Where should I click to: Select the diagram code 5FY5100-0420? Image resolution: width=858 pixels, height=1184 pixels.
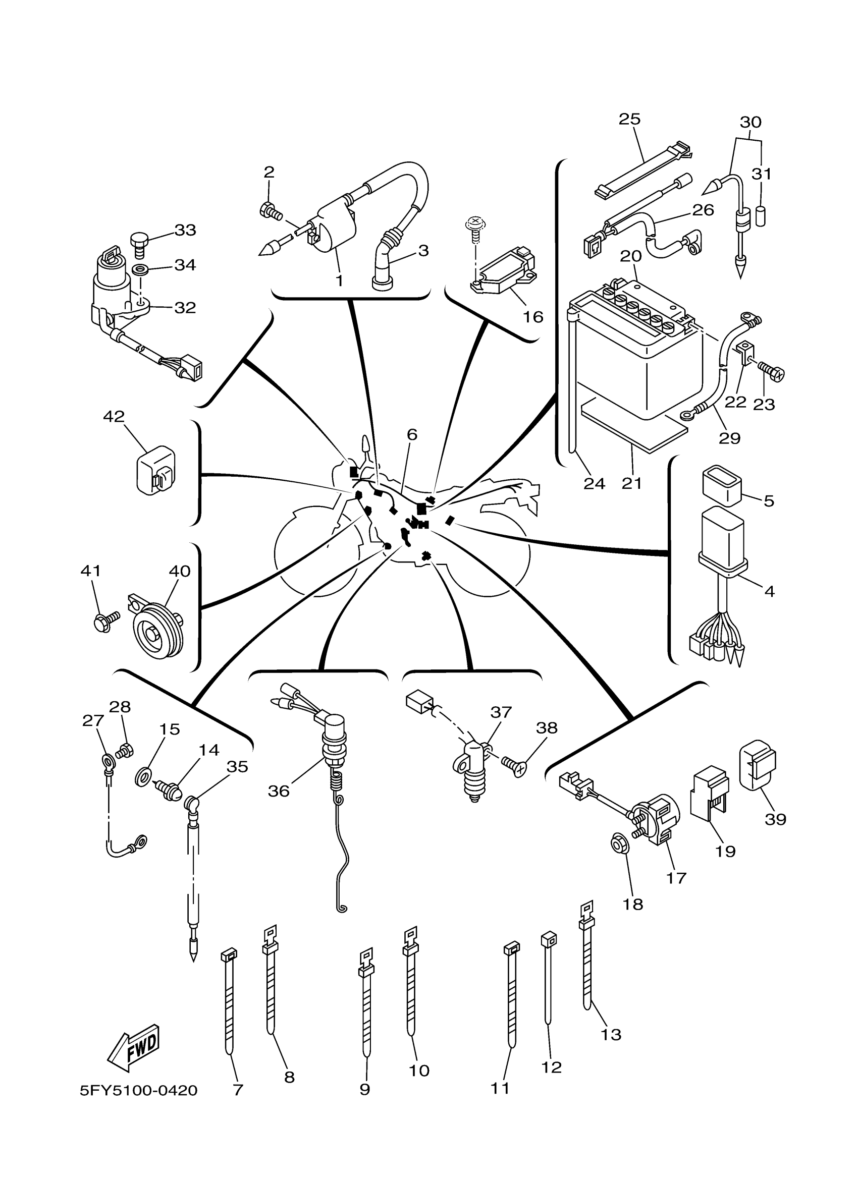[x=138, y=1091]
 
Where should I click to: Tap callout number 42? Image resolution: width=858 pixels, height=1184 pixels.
[x=114, y=417]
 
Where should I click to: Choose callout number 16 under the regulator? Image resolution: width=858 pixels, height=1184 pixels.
[x=533, y=317]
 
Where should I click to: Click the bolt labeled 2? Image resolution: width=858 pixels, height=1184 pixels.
[x=270, y=211]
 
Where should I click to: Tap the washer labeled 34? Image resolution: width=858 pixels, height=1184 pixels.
[x=139, y=270]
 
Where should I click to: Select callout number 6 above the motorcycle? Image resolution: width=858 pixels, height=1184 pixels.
[x=412, y=434]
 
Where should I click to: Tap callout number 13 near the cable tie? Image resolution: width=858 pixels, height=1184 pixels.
[x=611, y=1035]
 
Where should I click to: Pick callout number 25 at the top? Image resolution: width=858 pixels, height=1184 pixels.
[x=629, y=120]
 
